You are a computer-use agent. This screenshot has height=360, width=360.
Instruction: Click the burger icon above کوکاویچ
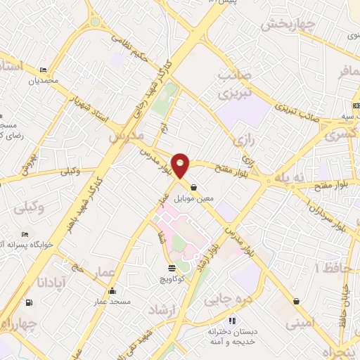click(172, 268)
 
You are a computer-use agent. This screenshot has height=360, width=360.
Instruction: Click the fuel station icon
click(29, 304)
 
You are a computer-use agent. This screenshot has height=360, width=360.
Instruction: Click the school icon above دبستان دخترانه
click(213, 321)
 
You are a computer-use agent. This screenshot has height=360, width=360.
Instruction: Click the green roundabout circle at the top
click(95, 21)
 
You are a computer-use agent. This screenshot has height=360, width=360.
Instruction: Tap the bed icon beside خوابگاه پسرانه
click(25, 235)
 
